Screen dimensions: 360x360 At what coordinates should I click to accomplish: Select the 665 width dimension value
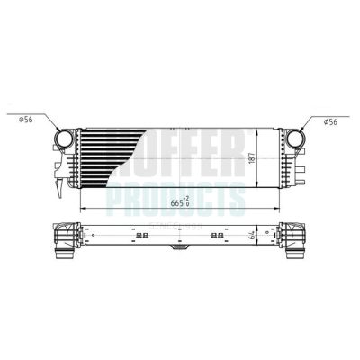(x=174, y=202)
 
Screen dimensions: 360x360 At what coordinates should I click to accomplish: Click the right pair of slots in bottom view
(x=215, y=237)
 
